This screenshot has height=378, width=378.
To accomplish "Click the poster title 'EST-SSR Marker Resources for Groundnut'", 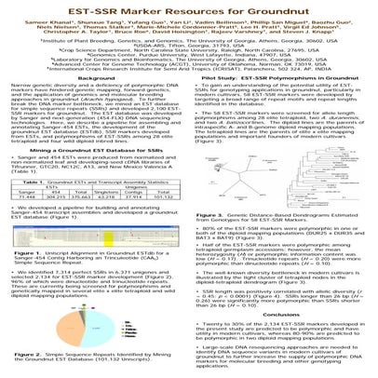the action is [188, 8].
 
